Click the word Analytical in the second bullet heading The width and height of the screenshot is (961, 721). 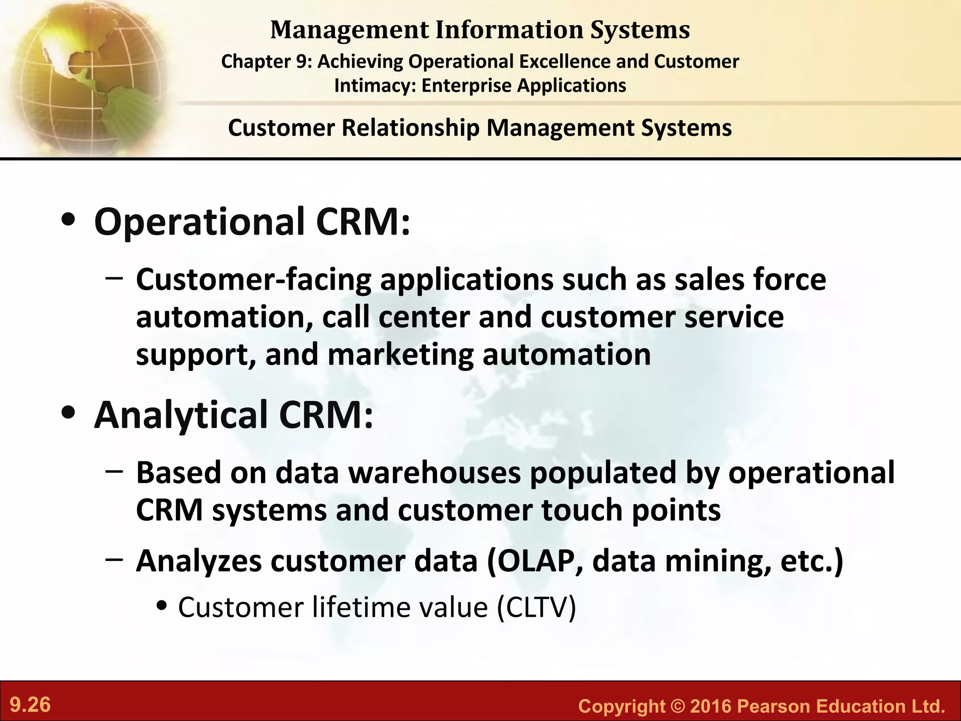181,415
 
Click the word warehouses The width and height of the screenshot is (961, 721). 435,472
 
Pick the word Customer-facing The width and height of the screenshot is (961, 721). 253,280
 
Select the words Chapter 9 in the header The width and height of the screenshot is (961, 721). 265,61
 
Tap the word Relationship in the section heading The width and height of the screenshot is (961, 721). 411,128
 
